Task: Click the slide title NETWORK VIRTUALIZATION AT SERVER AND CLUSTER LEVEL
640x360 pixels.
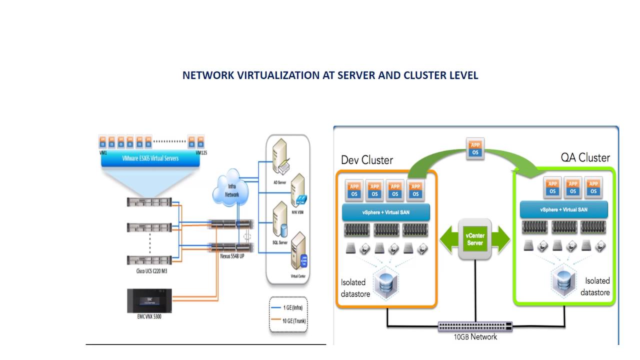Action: point(330,75)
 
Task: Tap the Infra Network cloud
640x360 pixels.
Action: point(231,190)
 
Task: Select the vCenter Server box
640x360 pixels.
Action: point(474,238)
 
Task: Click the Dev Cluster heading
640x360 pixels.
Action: point(367,160)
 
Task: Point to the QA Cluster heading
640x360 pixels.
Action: point(585,158)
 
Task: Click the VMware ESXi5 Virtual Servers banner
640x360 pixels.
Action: point(150,158)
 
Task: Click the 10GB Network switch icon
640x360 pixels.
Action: point(474,326)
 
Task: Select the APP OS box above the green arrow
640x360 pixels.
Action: point(475,148)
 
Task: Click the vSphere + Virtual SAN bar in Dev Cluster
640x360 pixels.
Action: point(386,212)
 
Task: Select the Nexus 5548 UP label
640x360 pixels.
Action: point(232,255)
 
